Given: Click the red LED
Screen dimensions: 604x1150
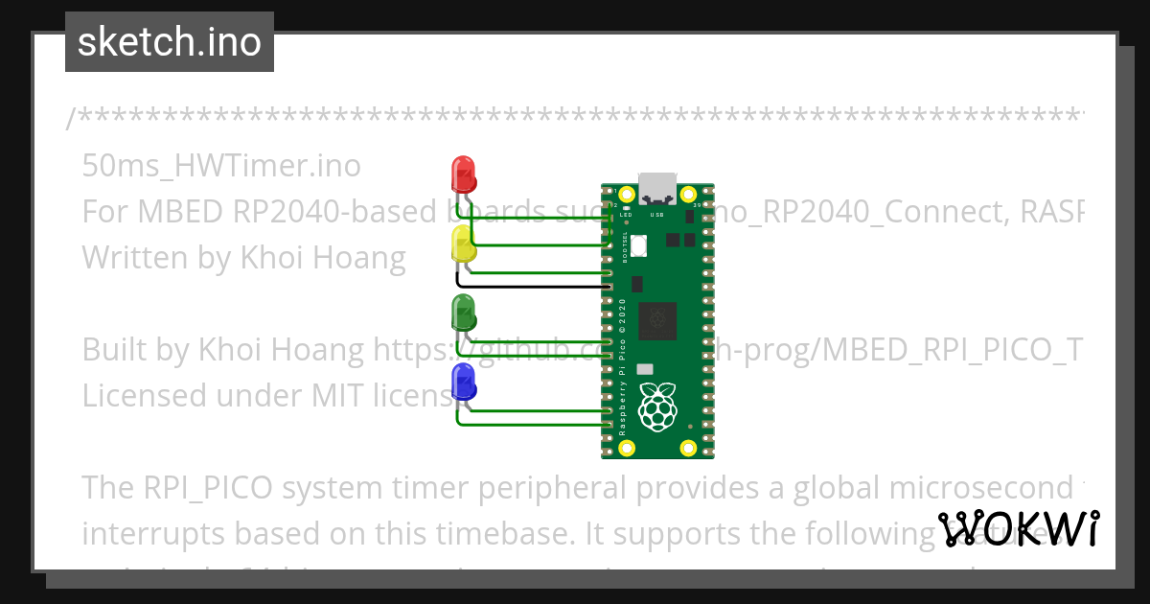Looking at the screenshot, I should coord(464,174).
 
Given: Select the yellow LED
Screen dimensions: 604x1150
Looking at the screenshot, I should coord(464,244).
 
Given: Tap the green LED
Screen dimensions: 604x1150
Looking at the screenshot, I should coord(464,312).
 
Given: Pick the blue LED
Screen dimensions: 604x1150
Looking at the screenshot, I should coord(464,381).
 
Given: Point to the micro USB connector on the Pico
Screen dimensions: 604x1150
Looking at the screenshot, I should coord(657,186).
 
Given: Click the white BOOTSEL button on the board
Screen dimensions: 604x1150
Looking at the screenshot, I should coord(638,245).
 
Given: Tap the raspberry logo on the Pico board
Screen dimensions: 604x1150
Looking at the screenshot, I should coord(657,407).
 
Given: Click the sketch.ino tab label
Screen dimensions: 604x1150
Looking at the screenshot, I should coord(170,42).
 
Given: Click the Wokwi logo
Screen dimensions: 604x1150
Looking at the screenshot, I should coord(1019,528).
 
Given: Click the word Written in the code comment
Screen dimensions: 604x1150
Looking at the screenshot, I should coord(133,257).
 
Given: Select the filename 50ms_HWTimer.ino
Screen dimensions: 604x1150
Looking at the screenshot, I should coord(221,166).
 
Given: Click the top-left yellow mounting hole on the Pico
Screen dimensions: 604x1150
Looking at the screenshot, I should coord(627,194).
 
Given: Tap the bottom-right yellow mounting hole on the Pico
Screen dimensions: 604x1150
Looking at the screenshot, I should coord(687,448).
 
